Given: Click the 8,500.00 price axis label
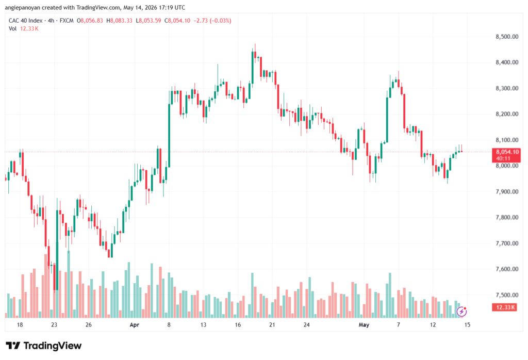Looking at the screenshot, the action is click(x=507, y=37).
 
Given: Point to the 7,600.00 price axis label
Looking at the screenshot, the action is click(x=507, y=269).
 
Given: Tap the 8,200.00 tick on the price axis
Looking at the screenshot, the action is click(x=507, y=114).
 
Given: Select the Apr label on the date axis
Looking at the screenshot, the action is click(x=135, y=325).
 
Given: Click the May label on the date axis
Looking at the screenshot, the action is click(x=364, y=325).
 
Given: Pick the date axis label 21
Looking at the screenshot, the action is click(x=272, y=325).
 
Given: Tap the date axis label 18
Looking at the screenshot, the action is click(x=20, y=325).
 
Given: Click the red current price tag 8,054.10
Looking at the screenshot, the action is click(x=506, y=155).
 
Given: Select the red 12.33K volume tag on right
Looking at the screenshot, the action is click(x=504, y=307).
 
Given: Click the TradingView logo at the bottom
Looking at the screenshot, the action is click(x=44, y=346).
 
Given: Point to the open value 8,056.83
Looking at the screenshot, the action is click(x=92, y=21).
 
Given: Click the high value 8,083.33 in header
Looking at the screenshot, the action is click(x=121, y=21).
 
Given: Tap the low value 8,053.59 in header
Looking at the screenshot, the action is click(x=150, y=21).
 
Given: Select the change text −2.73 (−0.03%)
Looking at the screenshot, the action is click(x=212, y=21).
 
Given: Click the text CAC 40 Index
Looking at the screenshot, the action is click(x=26, y=21).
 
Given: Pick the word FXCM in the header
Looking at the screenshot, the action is click(x=67, y=21).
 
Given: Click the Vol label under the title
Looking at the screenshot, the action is click(x=12, y=29).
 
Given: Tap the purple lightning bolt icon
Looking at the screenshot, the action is click(x=461, y=312).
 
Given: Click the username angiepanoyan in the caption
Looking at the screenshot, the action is click(x=23, y=7).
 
